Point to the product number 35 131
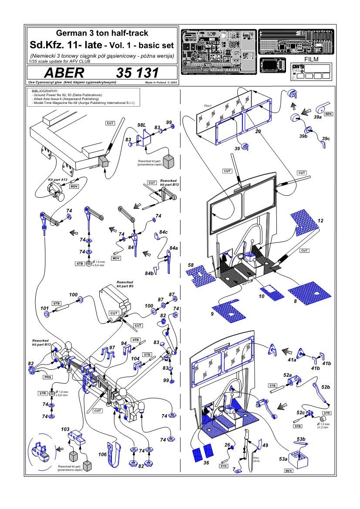[137, 73]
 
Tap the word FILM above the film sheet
[311, 60]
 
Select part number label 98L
[141, 125]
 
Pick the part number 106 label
[103, 455]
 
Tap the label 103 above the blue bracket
[65, 429]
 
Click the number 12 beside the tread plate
[320, 221]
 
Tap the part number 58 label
[191, 265]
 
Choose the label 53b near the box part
[301, 439]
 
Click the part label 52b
[326, 386]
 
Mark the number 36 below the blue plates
[206, 462]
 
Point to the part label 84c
[163, 232]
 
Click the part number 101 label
[44, 308]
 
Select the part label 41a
[292, 360]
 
